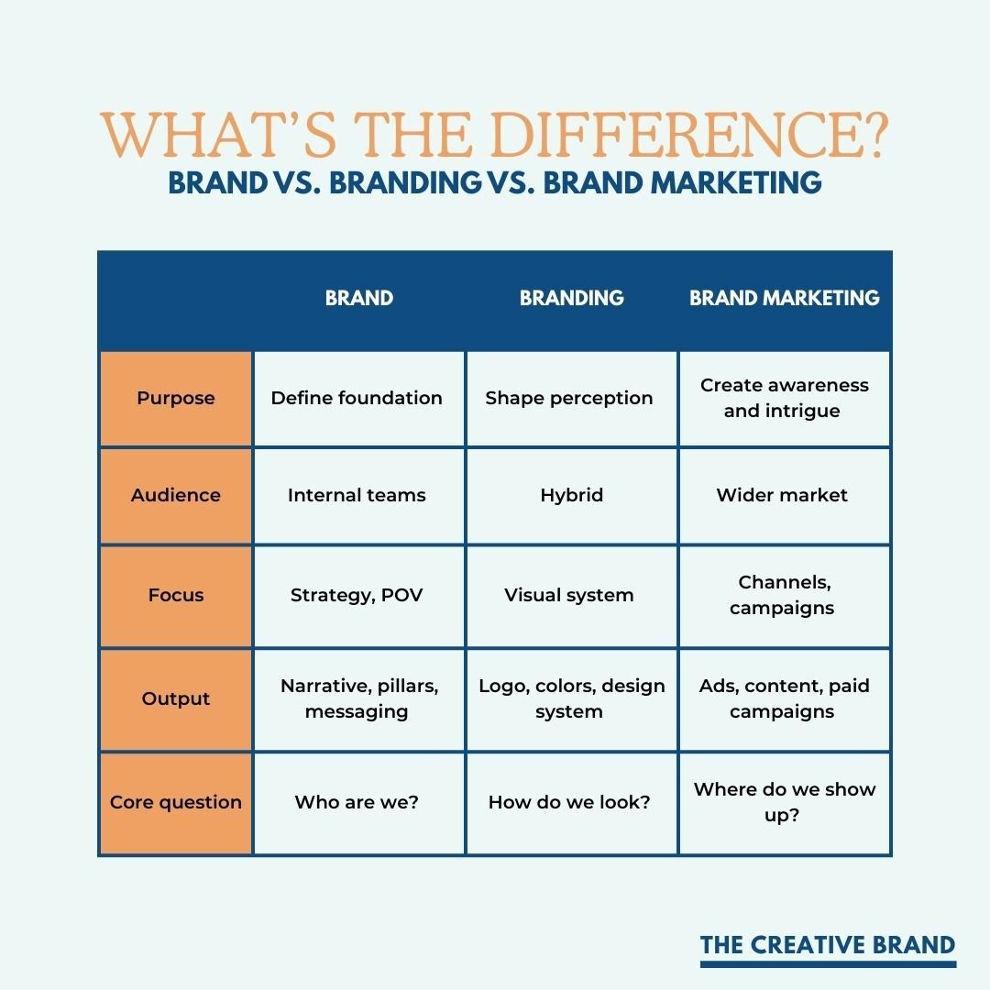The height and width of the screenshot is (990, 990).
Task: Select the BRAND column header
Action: point(359,298)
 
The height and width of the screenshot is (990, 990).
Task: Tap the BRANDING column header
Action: point(571,298)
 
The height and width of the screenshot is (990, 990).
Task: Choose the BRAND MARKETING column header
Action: point(785,298)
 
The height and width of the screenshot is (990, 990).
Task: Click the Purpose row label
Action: point(176,398)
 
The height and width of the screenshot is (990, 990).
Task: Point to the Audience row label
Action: point(176,495)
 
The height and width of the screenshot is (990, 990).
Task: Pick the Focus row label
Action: point(176,595)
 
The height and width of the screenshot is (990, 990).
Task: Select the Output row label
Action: point(176,698)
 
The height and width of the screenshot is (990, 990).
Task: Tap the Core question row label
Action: point(176,802)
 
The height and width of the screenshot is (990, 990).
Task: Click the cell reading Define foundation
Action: point(357,398)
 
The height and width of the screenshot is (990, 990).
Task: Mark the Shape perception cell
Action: point(569,398)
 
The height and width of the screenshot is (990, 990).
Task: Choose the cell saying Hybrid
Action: point(571,495)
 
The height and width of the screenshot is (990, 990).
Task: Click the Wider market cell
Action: point(782,495)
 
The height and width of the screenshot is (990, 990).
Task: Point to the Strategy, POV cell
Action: point(357,595)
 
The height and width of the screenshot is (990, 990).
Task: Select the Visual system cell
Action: point(569,595)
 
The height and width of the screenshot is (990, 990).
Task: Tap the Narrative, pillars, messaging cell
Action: point(359,698)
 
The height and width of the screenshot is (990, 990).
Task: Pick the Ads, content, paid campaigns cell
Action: point(784,698)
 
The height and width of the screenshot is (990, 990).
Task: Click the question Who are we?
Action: point(357,802)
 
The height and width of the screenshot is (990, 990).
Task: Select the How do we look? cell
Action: point(569,802)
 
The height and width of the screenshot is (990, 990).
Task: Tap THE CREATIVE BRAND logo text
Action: point(828,945)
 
